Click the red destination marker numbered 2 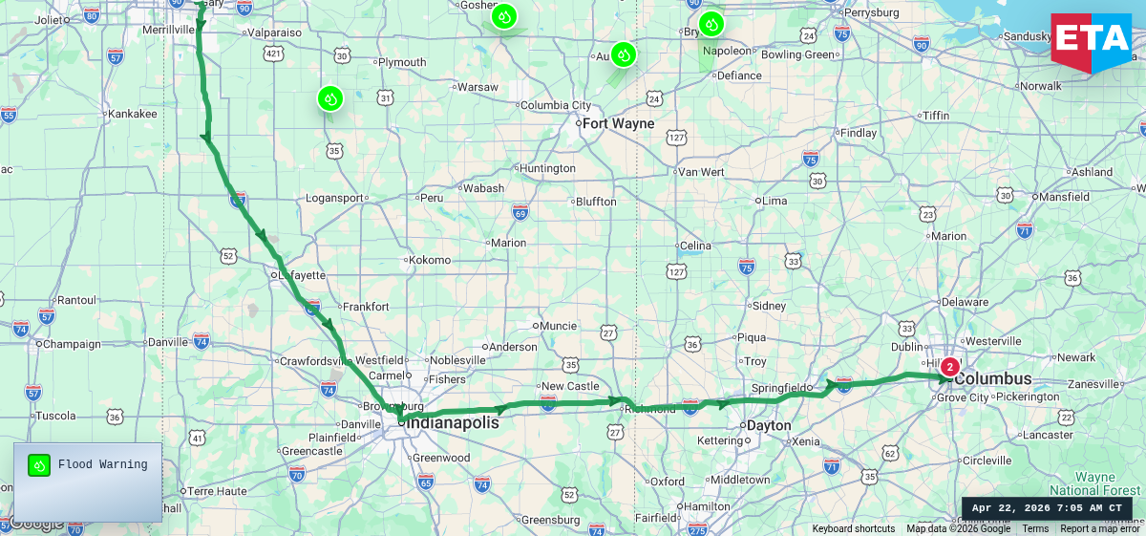[949, 366]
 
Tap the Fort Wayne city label [618, 123]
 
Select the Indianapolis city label [449, 421]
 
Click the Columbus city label [993, 378]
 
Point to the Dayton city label [769, 425]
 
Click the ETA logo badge [1091, 40]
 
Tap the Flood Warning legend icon [39, 465]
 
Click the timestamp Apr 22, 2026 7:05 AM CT [1047, 508]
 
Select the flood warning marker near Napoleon [711, 24]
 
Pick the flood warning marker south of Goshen [504, 16]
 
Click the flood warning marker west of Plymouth [329, 98]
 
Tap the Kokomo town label [429, 260]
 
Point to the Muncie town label [558, 326]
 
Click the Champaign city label [72, 343]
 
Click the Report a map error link [1099, 528]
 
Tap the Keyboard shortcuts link [854, 528]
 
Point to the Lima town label [774, 202]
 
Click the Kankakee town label [132, 113]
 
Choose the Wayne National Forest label [1094, 483]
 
